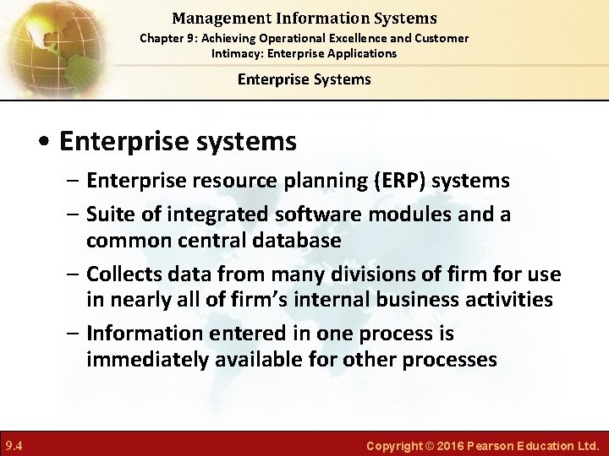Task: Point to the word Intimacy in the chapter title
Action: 235,53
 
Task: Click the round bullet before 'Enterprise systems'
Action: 48,142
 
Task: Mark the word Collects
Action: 128,274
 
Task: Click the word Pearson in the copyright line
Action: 502,445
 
